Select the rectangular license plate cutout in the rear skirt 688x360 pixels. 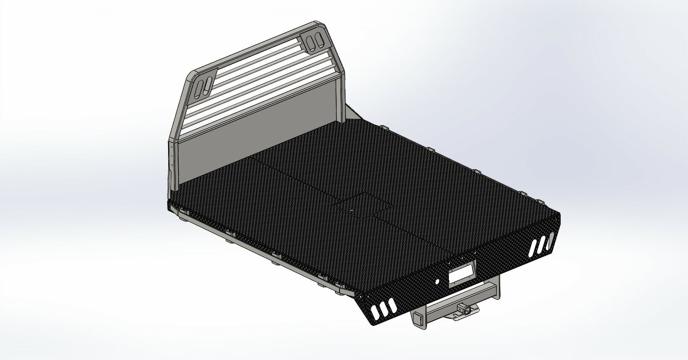pyautogui.click(x=461, y=273)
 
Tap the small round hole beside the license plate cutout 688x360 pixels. pyautogui.click(x=437, y=282)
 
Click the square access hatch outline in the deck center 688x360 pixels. pyautogui.click(x=362, y=201)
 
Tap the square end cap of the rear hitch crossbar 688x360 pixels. pyautogui.click(x=418, y=318)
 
